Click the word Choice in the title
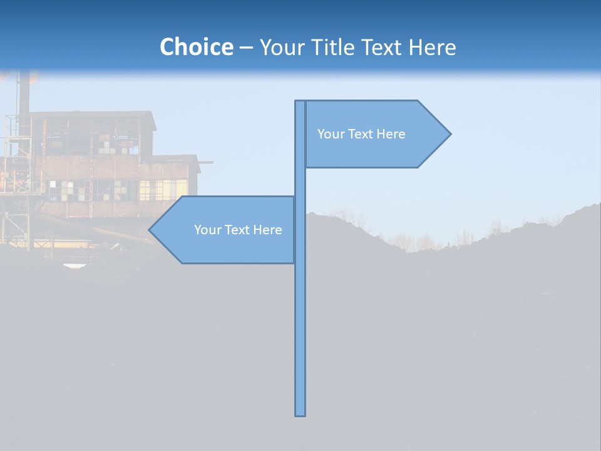tap(196, 47)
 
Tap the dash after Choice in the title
tap(246, 48)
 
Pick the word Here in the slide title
tap(433, 47)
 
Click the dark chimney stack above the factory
tap(24, 94)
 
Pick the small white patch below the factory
tap(74, 266)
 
